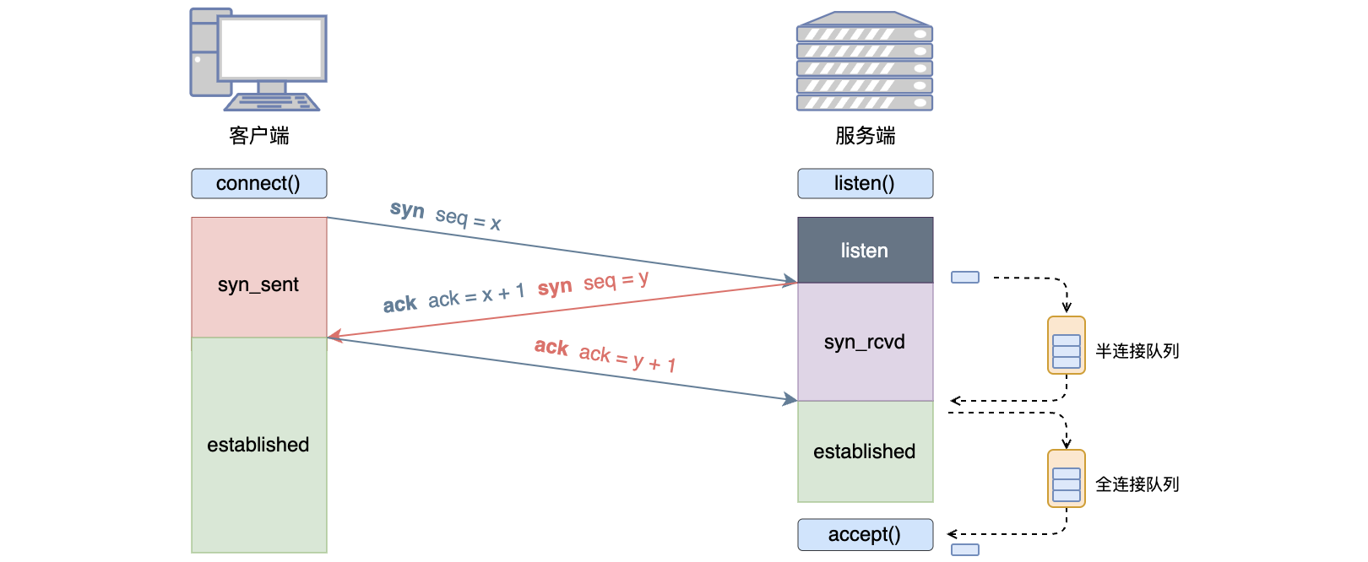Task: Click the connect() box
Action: click(x=258, y=184)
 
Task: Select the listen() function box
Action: click(x=865, y=184)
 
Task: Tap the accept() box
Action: click(x=865, y=535)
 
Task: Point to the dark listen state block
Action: click(x=865, y=251)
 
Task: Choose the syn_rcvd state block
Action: click(x=865, y=342)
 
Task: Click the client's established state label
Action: click(x=258, y=445)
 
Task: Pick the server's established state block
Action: click(x=865, y=451)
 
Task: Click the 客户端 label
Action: click(x=258, y=136)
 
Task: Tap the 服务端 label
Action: click(x=865, y=136)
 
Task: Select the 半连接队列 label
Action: click(x=1137, y=351)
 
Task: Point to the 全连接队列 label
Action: click(x=1137, y=484)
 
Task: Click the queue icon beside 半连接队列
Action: click(x=1066, y=345)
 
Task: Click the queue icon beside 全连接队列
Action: click(x=1066, y=478)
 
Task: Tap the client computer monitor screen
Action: click(x=271, y=48)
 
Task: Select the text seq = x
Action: click(x=468, y=219)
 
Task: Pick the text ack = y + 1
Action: click(x=627, y=359)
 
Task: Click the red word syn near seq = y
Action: click(x=555, y=288)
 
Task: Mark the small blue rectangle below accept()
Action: click(x=964, y=550)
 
